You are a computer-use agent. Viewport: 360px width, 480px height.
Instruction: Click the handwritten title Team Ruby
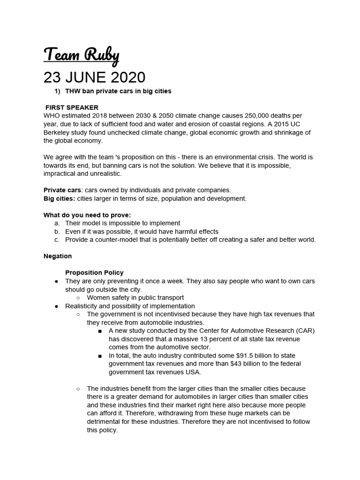point(82,55)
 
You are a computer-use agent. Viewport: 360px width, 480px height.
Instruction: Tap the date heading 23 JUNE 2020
point(94,77)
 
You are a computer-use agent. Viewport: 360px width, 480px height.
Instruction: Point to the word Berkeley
point(59,132)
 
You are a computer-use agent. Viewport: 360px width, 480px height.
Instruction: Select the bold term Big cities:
point(60,198)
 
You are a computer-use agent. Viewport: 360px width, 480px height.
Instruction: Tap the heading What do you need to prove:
point(87,215)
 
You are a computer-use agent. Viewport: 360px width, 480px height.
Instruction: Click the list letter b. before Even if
point(57,232)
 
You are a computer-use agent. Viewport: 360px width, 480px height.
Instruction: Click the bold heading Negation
point(58,256)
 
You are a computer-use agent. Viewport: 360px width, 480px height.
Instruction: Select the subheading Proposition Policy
point(94,272)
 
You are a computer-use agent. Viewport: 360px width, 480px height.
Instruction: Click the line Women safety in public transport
point(135,297)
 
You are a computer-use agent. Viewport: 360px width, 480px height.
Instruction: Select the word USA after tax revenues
point(193,372)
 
